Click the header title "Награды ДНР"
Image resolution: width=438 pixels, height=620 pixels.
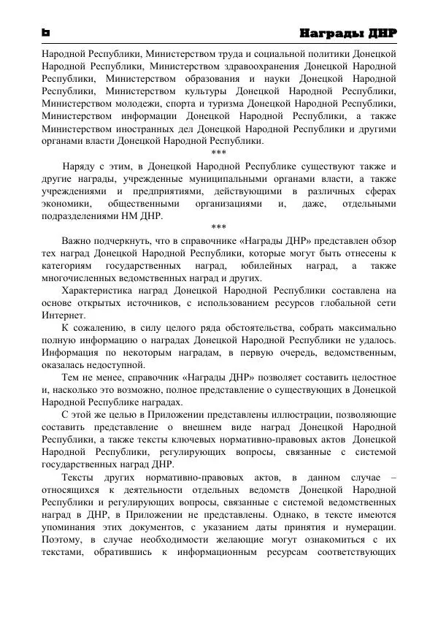tap(349, 34)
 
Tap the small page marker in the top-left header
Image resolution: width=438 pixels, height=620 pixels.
tap(45, 34)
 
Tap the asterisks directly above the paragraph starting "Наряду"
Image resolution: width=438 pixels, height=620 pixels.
tap(218, 153)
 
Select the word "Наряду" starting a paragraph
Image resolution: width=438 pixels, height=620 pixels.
tap(81, 166)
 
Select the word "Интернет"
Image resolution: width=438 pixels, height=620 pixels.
tap(63, 315)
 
